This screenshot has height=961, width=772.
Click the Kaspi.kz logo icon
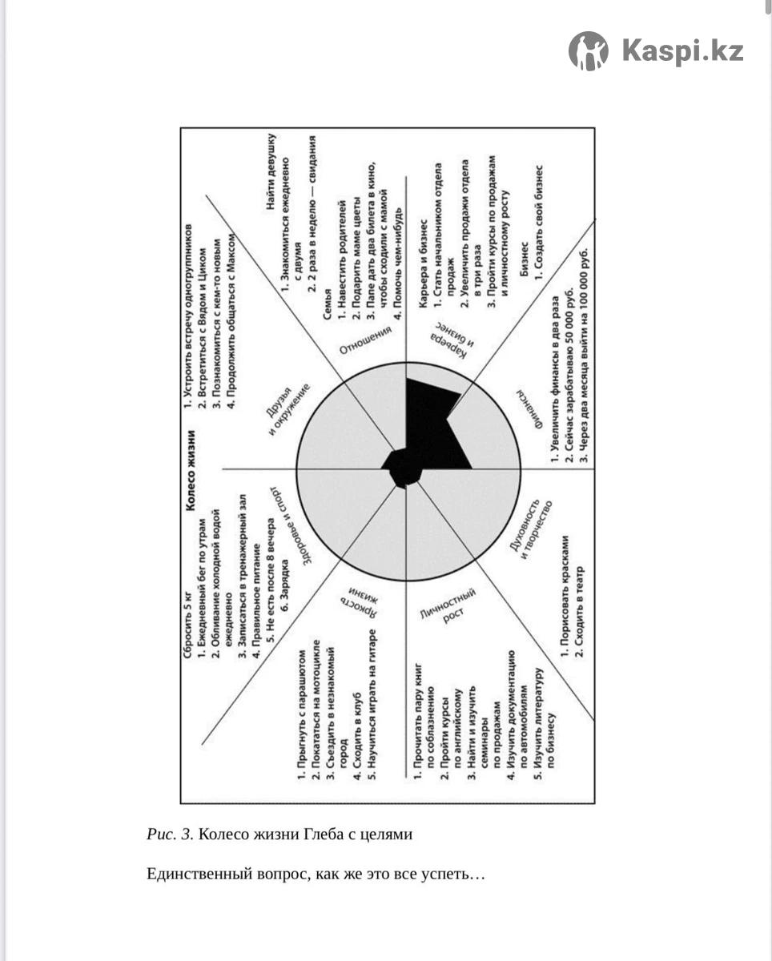coord(588,51)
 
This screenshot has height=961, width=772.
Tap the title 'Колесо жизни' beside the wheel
coord(191,470)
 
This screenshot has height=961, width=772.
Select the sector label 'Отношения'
coord(365,340)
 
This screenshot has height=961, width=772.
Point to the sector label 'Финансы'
coord(531,408)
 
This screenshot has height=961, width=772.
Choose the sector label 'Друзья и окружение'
coord(285,409)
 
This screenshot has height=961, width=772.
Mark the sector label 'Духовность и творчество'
coord(531,529)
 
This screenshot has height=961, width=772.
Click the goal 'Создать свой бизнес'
coord(538,223)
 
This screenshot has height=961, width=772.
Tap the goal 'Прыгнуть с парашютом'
coord(302,715)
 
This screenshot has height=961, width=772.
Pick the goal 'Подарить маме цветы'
coord(356,259)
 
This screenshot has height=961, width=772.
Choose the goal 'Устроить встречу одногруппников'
coord(187,316)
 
